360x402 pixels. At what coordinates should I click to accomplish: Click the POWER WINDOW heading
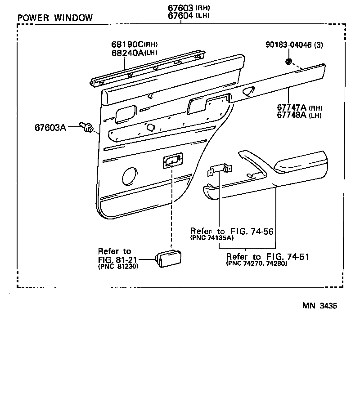(x=55, y=18)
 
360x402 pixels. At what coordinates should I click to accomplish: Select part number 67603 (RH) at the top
(x=189, y=8)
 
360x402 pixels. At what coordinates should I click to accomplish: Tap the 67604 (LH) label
(x=189, y=16)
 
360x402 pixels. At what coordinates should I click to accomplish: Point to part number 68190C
(x=127, y=45)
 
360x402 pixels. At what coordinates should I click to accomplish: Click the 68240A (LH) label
(x=135, y=53)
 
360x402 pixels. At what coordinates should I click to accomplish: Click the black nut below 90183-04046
(x=288, y=62)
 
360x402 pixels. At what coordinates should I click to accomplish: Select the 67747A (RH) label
(x=299, y=107)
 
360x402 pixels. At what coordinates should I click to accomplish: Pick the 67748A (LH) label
(x=299, y=115)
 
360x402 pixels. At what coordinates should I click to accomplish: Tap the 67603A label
(x=50, y=127)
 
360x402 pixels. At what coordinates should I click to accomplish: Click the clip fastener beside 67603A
(x=86, y=127)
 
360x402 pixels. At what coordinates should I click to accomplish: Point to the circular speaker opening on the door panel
(x=129, y=176)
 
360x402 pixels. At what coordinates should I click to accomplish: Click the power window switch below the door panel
(x=168, y=259)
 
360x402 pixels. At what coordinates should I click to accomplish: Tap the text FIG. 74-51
(x=288, y=257)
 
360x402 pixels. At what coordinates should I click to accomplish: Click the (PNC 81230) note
(x=118, y=267)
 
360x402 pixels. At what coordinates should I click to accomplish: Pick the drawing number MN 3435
(x=319, y=306)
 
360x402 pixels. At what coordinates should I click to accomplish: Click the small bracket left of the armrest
(x=220, y=170)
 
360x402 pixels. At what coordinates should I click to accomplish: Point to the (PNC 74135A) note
(x=212, y=238)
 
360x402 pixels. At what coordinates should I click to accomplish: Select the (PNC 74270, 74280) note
(x=256, y=264)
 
